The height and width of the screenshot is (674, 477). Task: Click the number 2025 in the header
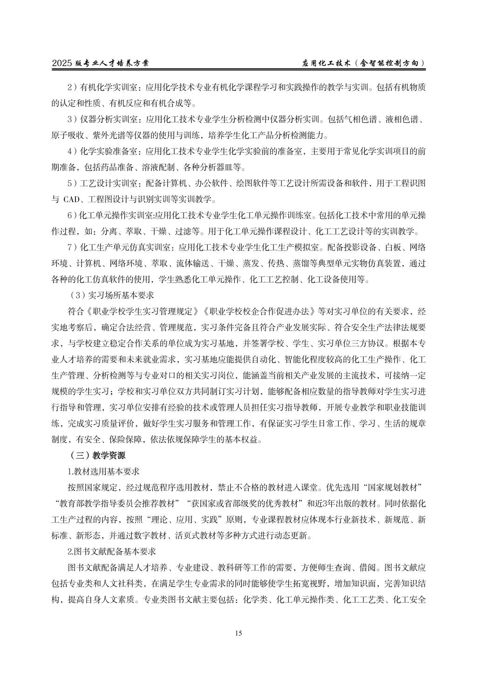click(x=62, y=63)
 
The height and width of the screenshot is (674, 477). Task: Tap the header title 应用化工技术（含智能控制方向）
click(x=364, y=63)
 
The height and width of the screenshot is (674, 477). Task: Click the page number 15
click(x=238, y=633)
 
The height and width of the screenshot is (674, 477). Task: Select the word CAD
click(x=71, y=200)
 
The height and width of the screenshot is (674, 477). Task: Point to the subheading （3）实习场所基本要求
click(x=111, y=295)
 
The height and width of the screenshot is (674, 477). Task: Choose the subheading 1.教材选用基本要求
click(x=103, y=471)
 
